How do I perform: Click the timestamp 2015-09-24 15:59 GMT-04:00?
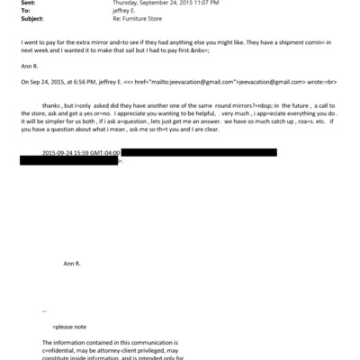(x=80, y=177)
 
